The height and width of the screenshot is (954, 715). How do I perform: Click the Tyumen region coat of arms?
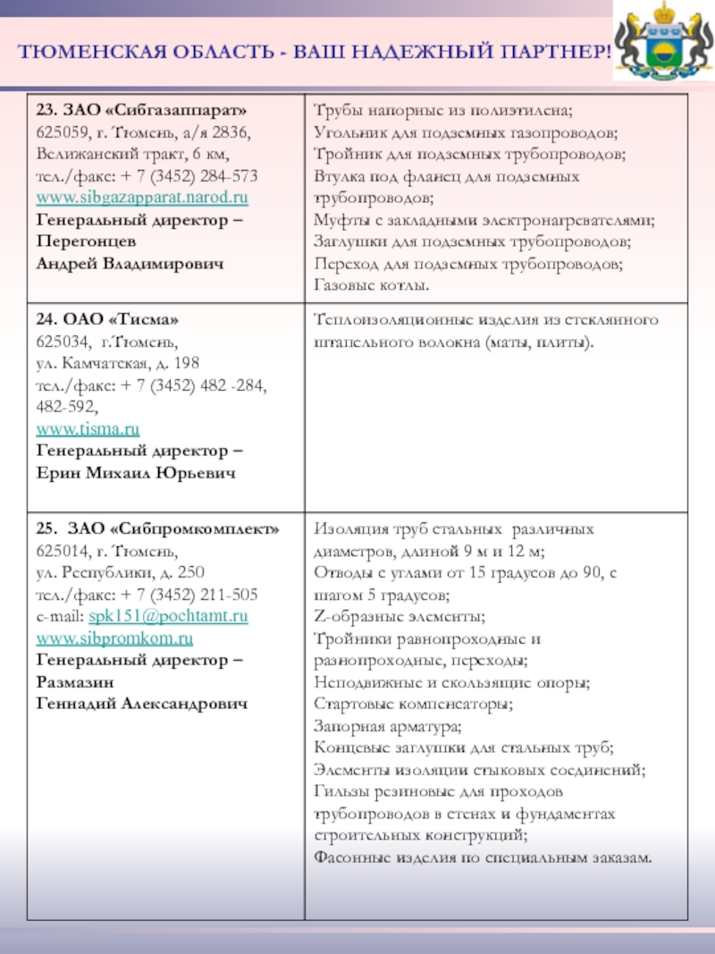[x=663, y=42]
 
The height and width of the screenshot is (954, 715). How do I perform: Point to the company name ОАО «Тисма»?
[x=125, y=320]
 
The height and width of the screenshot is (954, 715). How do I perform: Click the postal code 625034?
[x=62, y=342]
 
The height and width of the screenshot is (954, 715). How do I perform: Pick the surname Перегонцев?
[x=87, y=241]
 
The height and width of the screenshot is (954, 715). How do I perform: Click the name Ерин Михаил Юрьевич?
[x=136, y=473]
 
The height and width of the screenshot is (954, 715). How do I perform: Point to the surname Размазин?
[x=73, y=681]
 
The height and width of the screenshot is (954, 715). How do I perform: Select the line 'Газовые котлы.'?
[x=372, y=286]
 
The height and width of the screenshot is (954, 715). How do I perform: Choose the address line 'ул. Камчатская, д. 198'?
[x=117, y=364]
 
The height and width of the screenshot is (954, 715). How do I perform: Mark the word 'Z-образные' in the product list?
[x=353, y=617]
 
